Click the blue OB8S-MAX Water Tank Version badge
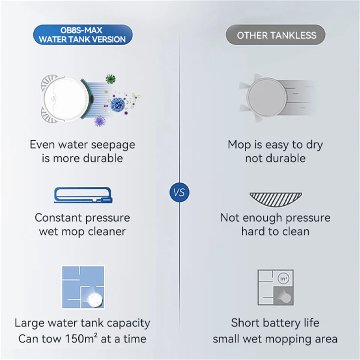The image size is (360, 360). (83, 34)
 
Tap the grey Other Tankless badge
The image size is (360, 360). (276, 35)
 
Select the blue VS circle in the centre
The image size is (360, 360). (179, 192)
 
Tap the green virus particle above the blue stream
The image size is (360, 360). (111, 79)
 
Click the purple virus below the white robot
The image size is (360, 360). (100, 121)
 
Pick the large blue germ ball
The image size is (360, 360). (118, 105)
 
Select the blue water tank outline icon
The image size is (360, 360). (83, 195)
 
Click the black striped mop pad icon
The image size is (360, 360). (276, 199)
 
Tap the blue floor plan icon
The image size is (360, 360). (83, 287)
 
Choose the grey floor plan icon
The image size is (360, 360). (276, 287)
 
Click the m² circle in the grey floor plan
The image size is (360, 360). (283, 279)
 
